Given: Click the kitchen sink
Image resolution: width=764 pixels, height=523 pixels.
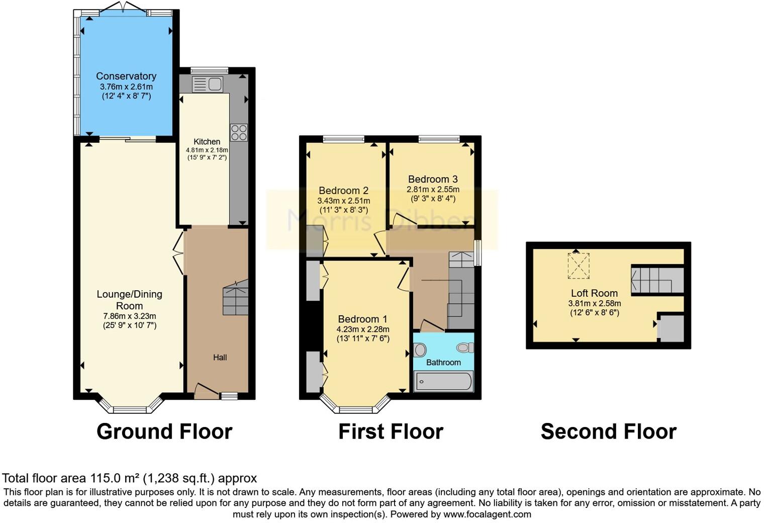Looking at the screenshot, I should point(208,84).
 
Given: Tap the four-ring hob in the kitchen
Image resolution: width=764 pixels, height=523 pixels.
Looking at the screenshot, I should point(239,132).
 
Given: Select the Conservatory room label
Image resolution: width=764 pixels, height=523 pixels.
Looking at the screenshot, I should point(126,76).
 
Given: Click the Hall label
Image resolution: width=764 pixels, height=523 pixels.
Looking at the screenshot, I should point(220,358).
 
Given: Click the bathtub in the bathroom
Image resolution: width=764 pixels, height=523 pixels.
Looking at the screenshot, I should point(443,382).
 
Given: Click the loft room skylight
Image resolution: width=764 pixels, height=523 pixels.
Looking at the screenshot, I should point(579,266).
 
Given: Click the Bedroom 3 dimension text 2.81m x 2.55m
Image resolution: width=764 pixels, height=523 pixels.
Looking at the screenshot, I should point(433,190).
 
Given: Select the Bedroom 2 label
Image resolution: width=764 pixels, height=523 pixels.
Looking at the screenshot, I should point(343,191).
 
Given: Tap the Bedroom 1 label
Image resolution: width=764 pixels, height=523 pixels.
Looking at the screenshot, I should point(362,319).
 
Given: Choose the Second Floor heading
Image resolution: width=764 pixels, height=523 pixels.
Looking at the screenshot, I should point(608,431).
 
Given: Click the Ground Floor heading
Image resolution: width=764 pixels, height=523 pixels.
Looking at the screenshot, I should point(164,431).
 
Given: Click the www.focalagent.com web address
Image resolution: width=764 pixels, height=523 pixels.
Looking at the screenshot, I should point(487,514).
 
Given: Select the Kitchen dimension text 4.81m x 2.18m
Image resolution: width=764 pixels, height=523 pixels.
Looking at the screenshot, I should point(207,150).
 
